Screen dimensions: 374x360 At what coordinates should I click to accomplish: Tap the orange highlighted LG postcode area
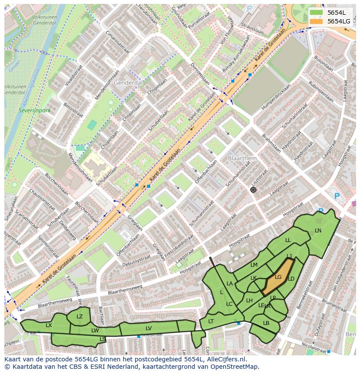[x=278, y=277]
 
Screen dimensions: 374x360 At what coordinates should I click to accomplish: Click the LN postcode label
[x=318, y=231]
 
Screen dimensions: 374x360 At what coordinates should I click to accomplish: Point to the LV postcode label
[x=149, y=328]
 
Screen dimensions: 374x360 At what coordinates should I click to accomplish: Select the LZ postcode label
[x=80, y=317]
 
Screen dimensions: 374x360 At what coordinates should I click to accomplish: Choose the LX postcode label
[x=49, y=325]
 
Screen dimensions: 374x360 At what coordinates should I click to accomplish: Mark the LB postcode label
[x=266, y=323]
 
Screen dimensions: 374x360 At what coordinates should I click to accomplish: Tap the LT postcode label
[x=211, y=321]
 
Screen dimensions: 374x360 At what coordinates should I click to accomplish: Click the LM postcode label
[x=254, y=265]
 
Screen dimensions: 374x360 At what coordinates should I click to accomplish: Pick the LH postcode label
[x=249, y=301]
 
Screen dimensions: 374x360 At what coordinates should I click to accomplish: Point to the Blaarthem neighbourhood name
[x=242, y=159]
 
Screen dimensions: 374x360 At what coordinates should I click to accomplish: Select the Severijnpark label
[x=34, y=111]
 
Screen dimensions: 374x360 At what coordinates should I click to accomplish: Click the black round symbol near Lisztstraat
[x=253, y=190]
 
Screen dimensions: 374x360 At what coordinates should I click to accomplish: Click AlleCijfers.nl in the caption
[x=225, y=359]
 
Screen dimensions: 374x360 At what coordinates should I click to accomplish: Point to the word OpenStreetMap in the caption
[x=237, y=367]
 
